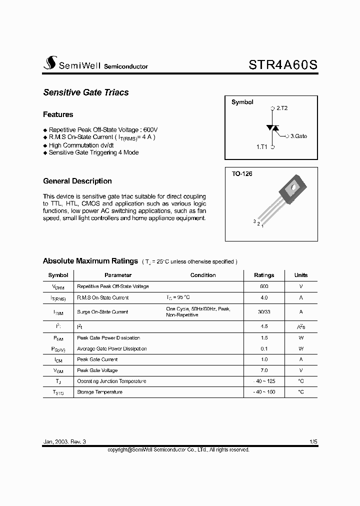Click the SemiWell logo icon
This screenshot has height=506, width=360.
pos(49,63)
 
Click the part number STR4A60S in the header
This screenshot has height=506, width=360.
pos(282,64)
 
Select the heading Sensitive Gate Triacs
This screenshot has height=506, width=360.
pos(86,92)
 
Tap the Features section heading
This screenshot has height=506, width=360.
pos(58,114)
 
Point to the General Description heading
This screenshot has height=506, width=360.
pos(77,181)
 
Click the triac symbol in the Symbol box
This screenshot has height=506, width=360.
pos(272,128)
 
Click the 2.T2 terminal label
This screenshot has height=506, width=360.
pos(281,108)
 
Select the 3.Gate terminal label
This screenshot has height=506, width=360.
pos(298,136)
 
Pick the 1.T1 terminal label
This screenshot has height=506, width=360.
pos(262,147)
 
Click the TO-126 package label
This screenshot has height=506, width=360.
pos(242,174)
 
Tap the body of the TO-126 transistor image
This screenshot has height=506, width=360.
pos(292,189)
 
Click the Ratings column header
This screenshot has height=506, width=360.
pos(264,275)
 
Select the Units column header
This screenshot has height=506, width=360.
pos(301,275)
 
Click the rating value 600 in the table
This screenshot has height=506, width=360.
pos(264,286)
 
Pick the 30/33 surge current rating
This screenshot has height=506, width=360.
pos(264,311)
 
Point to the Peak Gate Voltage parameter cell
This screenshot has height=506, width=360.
pos(97,370)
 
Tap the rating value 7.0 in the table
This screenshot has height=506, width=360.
pos(264,370)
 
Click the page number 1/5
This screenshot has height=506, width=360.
pos(313,442)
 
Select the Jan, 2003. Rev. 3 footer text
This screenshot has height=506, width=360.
pos(64,442)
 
